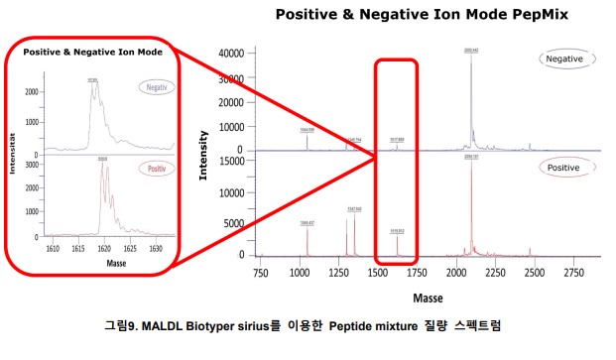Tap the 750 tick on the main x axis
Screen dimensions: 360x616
click(261, 271)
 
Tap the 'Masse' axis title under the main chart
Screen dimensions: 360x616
click(428, 297)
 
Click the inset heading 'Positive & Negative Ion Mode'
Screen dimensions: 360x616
click(93, 51)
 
